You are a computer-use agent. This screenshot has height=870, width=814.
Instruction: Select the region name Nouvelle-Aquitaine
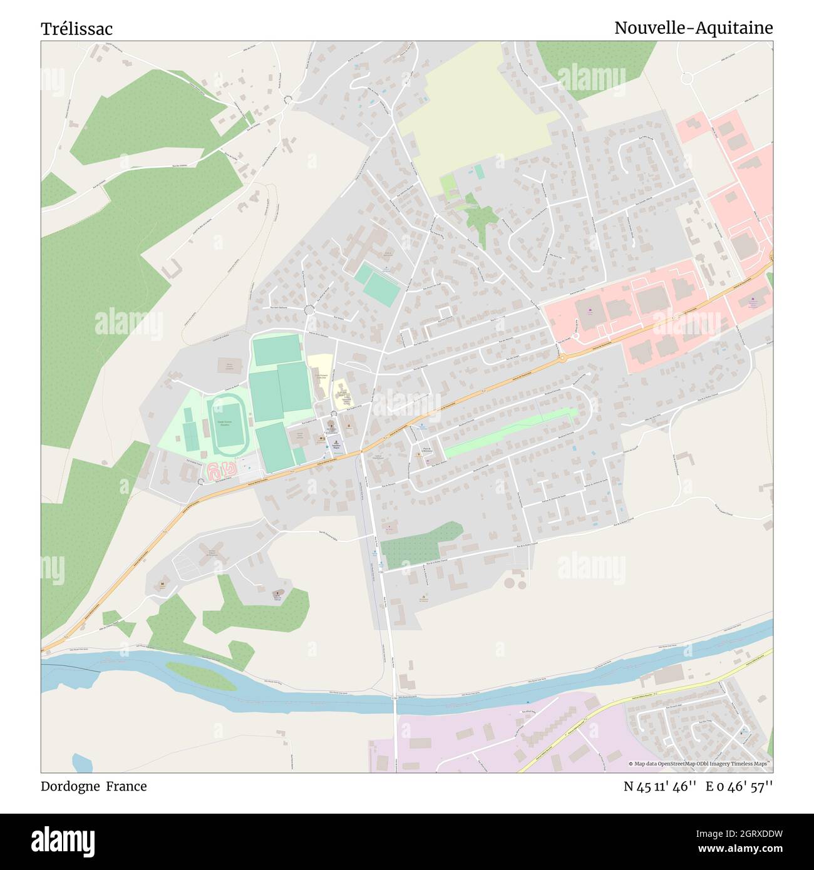[x=693, y=28]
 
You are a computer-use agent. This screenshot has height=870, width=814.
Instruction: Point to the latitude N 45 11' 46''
[x=660, y=787]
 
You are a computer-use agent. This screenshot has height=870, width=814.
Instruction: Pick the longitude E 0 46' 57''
[x=739, y=787]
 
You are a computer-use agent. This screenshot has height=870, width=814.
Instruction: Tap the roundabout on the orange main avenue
[x=562, y=358]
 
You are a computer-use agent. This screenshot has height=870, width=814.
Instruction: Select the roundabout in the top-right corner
[x=688, y=79]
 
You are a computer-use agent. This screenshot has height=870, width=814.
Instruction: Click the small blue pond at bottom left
[x=82, y=763]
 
